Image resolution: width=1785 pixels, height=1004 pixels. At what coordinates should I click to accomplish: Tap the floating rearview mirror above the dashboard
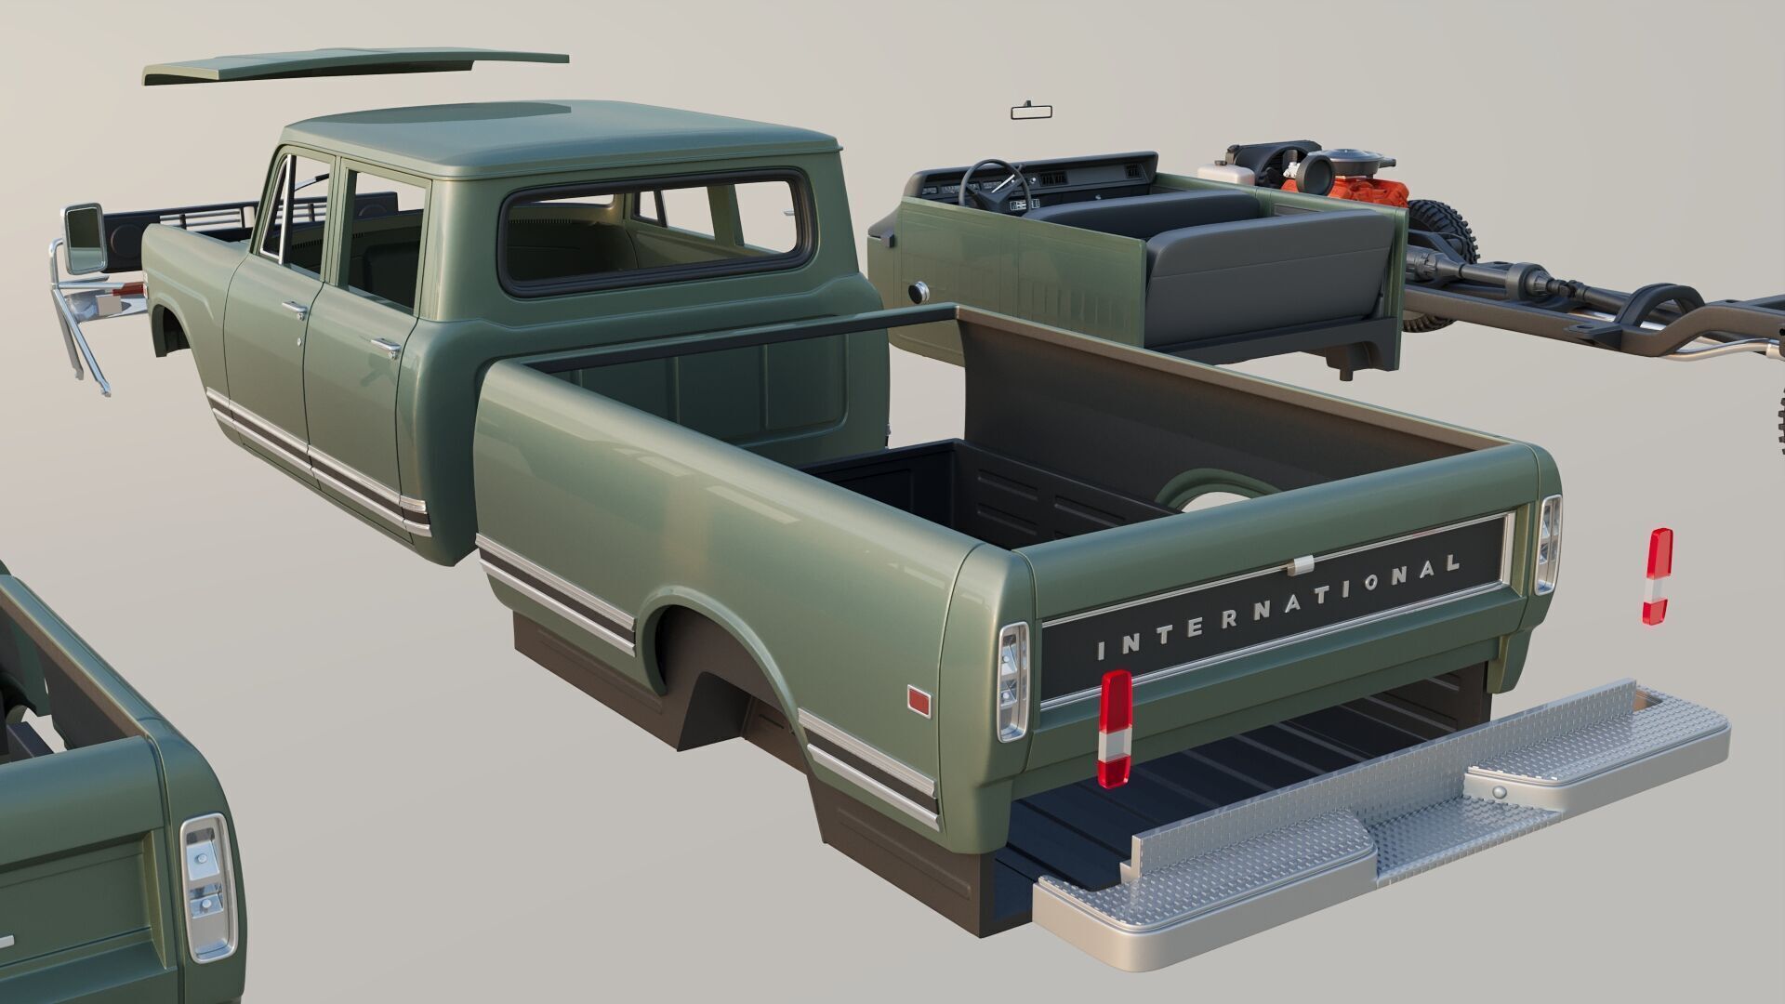1037,112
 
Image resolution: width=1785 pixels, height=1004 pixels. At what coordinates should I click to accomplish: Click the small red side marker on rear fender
919,700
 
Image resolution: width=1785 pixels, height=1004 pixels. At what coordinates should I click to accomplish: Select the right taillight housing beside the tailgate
1549,544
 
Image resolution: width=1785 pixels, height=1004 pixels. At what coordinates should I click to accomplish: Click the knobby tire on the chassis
1446,232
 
